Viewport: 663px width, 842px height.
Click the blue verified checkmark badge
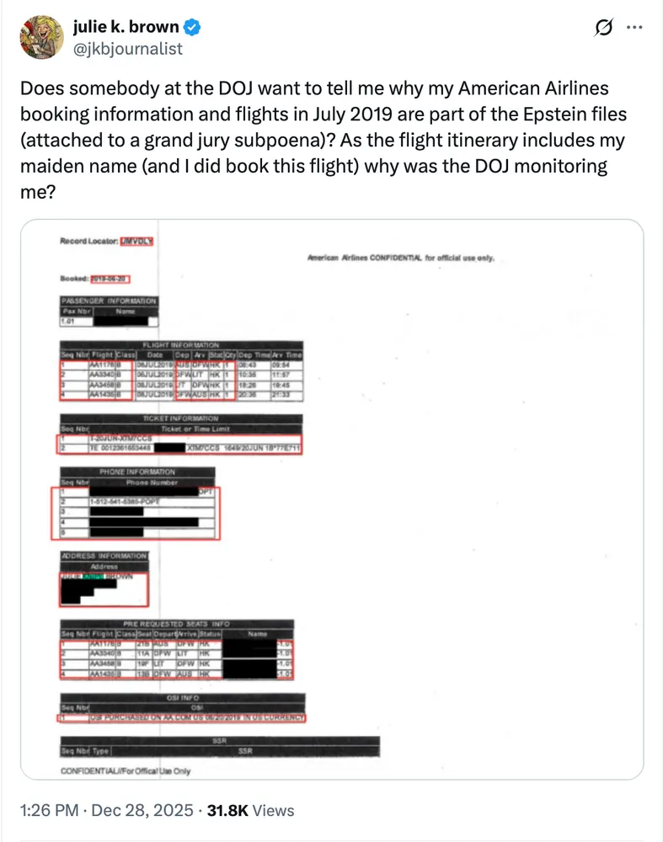coord(193,28)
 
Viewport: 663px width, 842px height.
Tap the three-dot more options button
coord(634,28)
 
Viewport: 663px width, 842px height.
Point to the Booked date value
coord(113,279)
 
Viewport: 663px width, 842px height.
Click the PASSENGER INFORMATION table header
coord(108,301)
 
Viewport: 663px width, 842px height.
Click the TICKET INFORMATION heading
coord(182,418)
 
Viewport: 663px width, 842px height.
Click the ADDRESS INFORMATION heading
coord(104,557)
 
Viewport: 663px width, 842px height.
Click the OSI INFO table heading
coord(181,697)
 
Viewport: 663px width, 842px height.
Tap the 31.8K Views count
coord(252,810)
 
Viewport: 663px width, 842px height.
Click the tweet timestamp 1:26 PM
coord(49,810)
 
